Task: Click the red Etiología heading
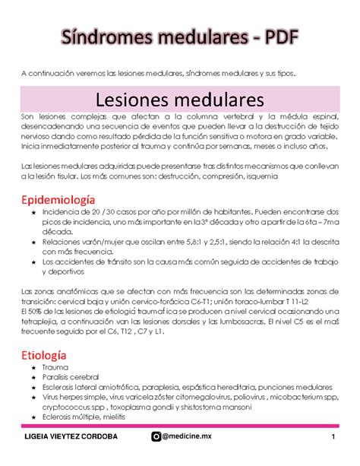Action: click(x=44, y=355)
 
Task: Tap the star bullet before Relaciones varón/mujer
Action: click(x=32, y=241)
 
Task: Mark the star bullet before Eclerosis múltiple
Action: click(x=32, y=417)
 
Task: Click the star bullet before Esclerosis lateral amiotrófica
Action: click(x=32, y=387)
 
